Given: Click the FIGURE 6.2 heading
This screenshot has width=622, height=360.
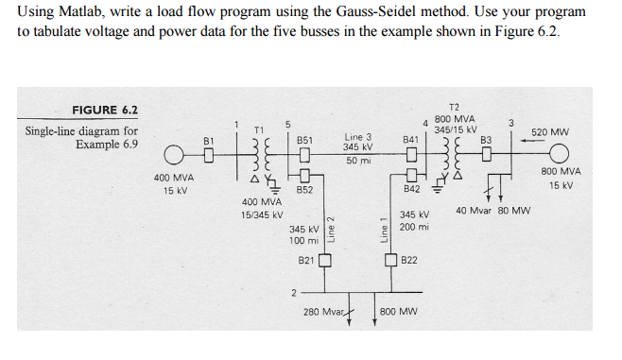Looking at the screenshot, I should tap(105, 110).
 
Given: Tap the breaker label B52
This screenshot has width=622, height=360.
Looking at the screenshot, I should tap(305, 190).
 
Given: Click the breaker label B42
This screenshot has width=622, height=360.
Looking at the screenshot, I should tap(411, 190).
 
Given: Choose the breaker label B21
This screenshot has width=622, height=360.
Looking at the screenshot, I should tap(305, 259).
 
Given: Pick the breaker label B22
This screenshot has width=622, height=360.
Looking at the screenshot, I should tap(411, 259).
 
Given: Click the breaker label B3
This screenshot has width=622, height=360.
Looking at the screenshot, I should tap(487, 140).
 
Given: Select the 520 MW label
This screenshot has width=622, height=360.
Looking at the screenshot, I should tap(549, 132).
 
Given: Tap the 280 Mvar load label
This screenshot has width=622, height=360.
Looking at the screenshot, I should tap(321, 311).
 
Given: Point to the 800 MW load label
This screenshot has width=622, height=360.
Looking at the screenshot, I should tap(400, 311).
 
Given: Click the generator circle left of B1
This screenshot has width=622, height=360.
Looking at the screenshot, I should tap(176, 154).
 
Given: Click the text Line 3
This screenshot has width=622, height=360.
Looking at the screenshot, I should tap(357, 137).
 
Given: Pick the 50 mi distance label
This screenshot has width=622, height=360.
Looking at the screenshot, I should tap(357, 162).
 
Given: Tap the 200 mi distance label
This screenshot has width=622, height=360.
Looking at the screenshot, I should tap(414, 228).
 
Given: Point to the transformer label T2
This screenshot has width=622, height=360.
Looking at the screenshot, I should tap(454, 107).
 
